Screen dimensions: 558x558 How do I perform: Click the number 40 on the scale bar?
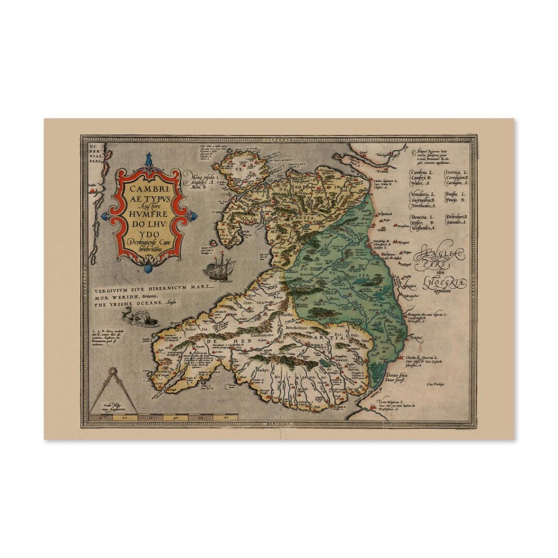[x=176, y=416]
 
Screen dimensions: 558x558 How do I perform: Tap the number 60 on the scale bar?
[x=226, y=416]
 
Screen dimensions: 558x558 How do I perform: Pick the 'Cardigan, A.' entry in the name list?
[x=457, y=183]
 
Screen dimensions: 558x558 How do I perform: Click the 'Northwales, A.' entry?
[x=424, y=205]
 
